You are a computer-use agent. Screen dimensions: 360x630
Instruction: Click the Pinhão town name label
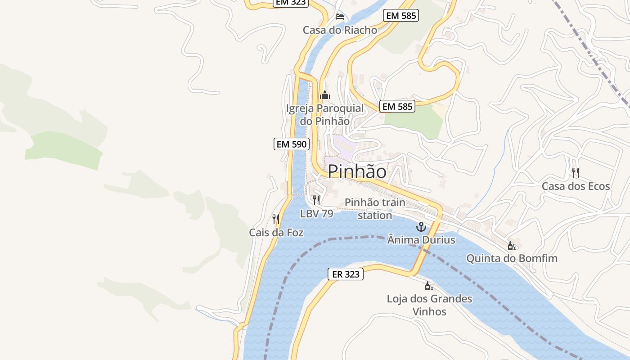click(357, 171)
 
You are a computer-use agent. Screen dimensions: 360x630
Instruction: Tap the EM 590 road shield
click(292, 144)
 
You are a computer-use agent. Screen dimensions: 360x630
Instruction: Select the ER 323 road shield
click(345, 274)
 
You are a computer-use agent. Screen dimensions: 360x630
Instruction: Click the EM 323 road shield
click(290, 3)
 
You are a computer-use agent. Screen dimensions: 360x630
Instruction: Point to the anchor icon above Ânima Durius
click(421, 227)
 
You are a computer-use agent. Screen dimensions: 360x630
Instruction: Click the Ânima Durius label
click(421, 240)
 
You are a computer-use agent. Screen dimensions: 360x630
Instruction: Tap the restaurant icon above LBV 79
click(316, 200)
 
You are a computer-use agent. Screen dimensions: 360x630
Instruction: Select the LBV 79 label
click(317, 214)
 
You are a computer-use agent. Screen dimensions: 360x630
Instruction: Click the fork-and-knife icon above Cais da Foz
click(276, 219)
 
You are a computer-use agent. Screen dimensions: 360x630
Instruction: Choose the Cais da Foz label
click(276, 233)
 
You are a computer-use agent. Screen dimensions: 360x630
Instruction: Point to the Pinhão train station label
click(375, 209)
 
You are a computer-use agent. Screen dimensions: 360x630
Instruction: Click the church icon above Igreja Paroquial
click(324, 95)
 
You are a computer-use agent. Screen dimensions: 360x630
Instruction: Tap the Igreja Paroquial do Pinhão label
click(325, 115)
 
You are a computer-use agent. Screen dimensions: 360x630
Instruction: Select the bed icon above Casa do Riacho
click(340, 17)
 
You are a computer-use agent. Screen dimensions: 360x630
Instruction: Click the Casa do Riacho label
click(340, 30)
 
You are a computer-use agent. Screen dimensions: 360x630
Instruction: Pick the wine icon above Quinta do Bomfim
click(512, 246)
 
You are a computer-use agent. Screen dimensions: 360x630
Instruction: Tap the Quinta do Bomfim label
click(512, 258)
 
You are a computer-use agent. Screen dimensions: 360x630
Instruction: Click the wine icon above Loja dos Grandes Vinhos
click(429, 286)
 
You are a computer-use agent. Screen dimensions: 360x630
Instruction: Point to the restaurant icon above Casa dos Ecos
click(575, 172)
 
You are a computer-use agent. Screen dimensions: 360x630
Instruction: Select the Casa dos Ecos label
click(576, 186)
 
